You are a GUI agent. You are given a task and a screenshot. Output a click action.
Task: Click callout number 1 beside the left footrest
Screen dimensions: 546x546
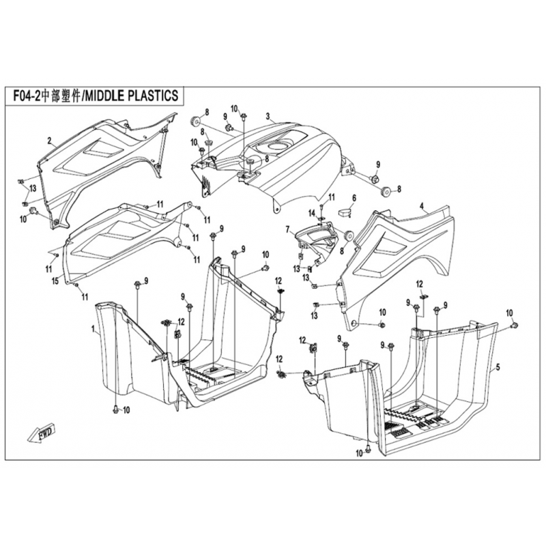93,329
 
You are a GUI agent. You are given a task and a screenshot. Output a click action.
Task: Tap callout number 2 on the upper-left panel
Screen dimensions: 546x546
50,141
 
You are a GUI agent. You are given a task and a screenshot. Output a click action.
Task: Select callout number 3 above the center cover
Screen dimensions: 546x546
268,116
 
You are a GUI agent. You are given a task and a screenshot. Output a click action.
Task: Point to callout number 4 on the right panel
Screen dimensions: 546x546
422,205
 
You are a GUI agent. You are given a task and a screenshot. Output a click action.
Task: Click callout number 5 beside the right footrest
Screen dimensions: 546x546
498,367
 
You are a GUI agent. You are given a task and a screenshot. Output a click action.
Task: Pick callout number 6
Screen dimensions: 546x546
354,199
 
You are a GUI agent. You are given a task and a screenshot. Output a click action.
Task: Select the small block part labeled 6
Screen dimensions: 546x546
344,212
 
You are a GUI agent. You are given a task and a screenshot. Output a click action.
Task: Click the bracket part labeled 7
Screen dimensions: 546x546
317,239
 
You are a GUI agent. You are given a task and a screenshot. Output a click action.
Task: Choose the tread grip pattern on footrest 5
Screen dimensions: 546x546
409,416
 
